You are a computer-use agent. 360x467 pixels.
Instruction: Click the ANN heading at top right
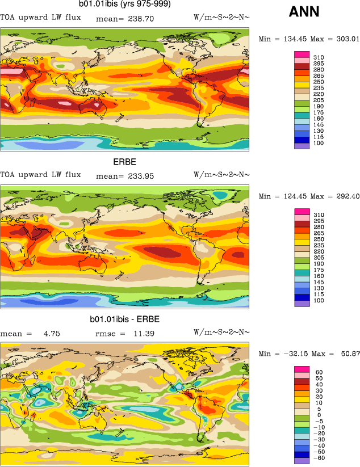pos(304,11)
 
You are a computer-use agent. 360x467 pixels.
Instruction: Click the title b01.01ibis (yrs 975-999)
pos(124,5)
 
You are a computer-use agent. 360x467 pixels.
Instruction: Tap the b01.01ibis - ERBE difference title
pos(124,319)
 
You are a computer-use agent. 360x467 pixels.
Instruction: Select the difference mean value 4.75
pos(52,333)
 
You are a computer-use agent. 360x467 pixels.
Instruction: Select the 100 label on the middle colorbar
pos(318,300)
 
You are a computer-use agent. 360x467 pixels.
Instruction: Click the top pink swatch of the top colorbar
pos(301,54)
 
